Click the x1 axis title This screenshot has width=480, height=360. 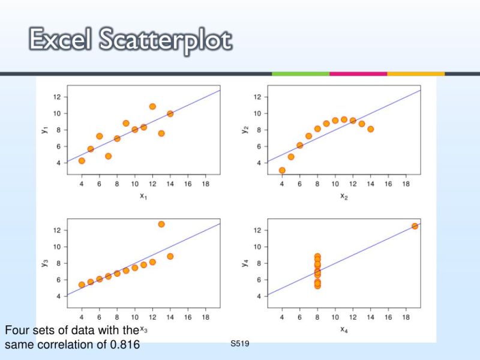point(143,196)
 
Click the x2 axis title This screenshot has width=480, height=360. point(343,196)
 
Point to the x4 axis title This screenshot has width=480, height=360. point(343,329)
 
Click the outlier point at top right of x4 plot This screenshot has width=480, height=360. point(415,226)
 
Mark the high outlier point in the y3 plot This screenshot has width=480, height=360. point(161,224)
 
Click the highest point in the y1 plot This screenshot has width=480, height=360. point(152,106)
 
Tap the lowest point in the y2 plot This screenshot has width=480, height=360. point(282,170)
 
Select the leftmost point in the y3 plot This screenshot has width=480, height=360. point(82,285)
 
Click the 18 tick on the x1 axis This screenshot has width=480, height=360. point(205,183)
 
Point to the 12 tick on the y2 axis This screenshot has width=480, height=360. point(257,97)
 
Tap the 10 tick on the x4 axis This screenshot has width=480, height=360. point(335,316)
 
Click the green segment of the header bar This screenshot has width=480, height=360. point(300,74)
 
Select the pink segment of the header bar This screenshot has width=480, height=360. point(358,74)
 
